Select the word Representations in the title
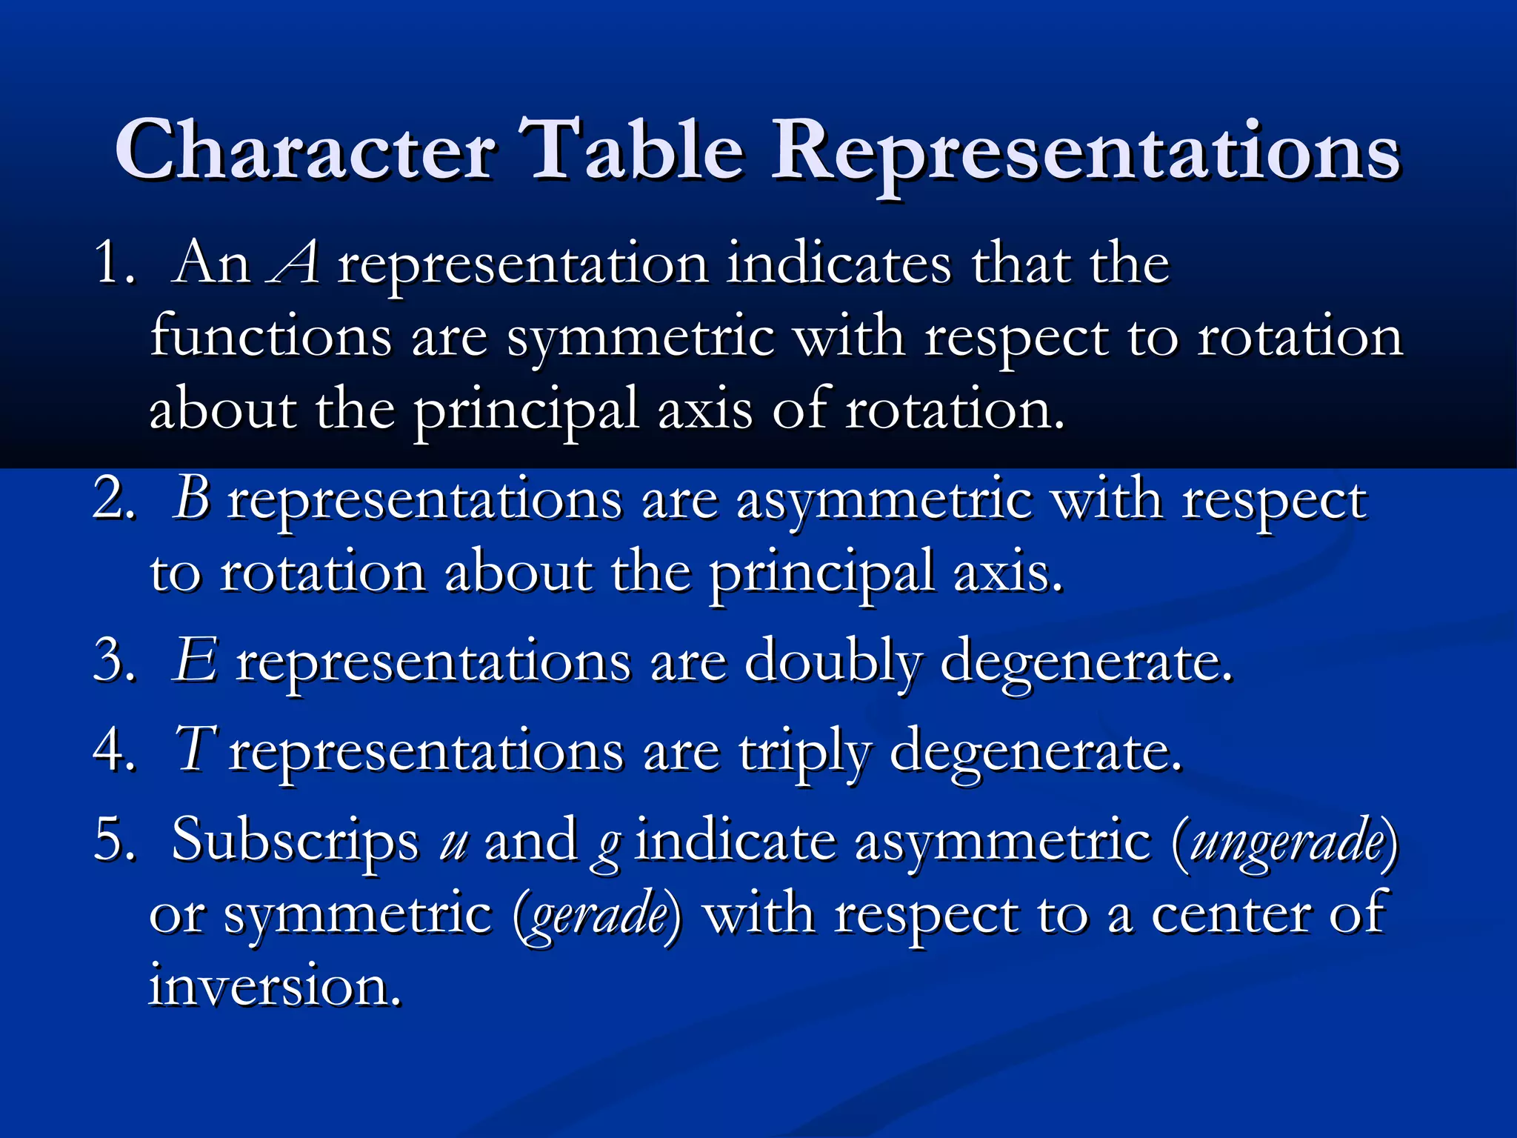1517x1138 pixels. (1085, 152)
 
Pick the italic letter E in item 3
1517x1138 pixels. (195, 660)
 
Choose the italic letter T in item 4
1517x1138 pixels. (195, 749)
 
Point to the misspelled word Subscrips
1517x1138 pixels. (295, 842)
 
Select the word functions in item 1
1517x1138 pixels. (270, 336)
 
